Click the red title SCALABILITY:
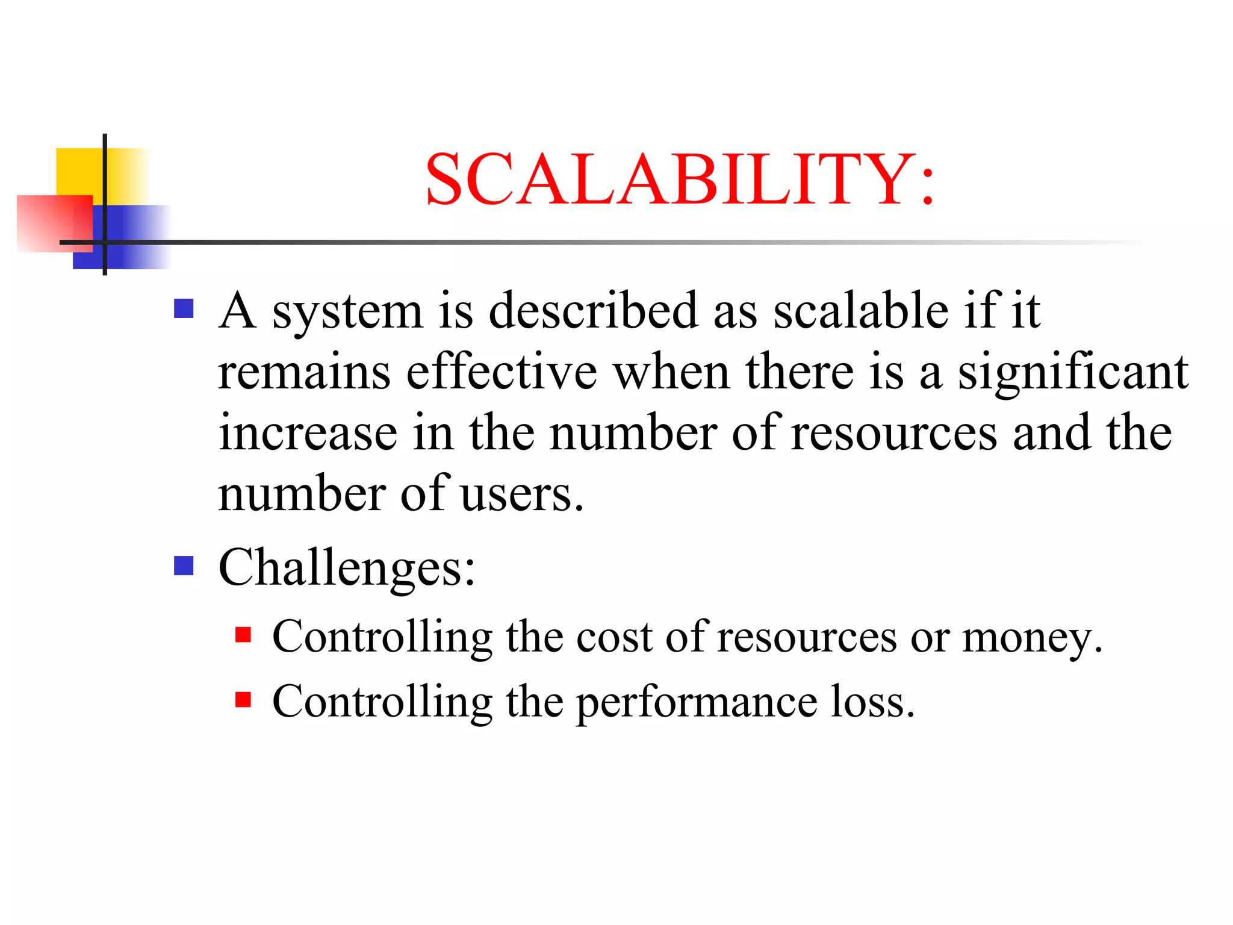(680, 179)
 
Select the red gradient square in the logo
(48, 223)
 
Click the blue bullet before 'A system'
(184, 309)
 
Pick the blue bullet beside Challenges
(184, 565)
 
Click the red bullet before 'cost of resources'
(243, 635)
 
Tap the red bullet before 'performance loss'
(243, 699)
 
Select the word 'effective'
(502, 372)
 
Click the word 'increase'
(308, 433)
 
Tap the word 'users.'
(522, 494)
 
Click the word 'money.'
(1032, 637)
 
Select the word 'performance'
(697, 703)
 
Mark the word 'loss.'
(872, 702)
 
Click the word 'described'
(593, 311)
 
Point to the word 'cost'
(614, 637)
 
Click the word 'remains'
(304, 372)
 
